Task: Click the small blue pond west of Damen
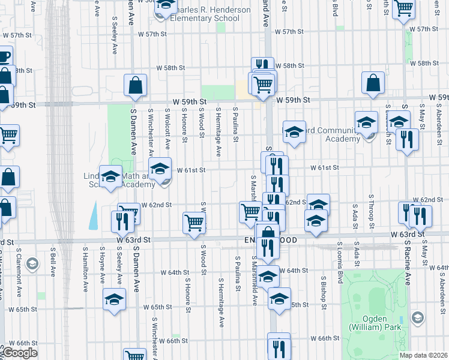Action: tap(94, 216)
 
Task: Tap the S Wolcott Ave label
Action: tap(167, 128)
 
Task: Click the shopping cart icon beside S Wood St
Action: tap(194, 223)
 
